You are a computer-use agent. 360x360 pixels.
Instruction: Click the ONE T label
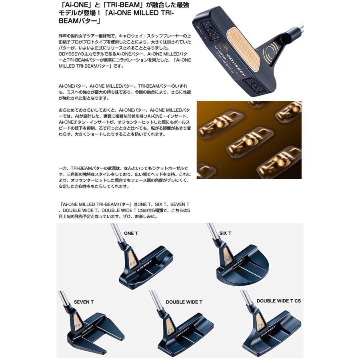coord(130,233)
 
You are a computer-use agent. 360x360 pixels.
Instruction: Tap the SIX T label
coord(225,233)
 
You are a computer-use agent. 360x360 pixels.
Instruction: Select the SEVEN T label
coord(84,302)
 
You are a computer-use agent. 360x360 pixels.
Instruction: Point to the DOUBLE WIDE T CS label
coord(278,301)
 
